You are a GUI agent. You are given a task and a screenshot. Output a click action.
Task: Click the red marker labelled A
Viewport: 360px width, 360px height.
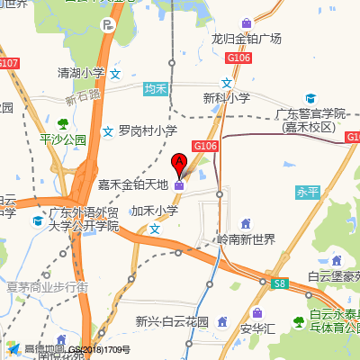tap(179, 163)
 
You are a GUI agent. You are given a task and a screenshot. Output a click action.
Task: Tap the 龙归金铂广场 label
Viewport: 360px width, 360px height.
tap(246, 39)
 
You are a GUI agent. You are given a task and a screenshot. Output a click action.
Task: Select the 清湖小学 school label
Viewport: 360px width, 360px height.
tap(80, 73)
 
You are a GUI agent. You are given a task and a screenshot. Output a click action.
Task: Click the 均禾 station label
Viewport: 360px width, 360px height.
tap(157, 88)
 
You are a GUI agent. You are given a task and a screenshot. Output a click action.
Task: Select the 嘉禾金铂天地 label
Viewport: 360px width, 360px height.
tap(133, 185)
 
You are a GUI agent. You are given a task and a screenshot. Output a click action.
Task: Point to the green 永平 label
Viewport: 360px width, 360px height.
tap(308, 192)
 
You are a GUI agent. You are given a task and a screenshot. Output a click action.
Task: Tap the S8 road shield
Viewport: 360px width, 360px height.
tap(279, 283)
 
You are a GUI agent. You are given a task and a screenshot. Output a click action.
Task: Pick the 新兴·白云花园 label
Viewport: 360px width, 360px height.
tap(172, 321)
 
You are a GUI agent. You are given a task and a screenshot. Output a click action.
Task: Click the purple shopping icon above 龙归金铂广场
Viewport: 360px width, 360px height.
tap(247, 22)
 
